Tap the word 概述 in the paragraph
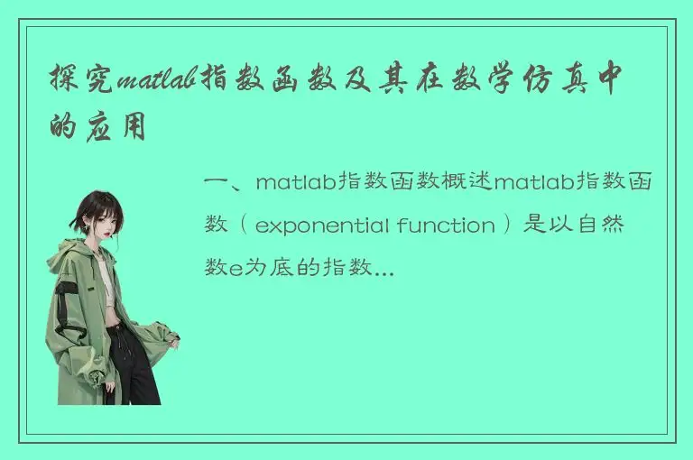coord(467,183)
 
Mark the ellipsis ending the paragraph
coord(383,268)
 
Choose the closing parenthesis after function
coord(512,225)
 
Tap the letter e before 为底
coord(236,268)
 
